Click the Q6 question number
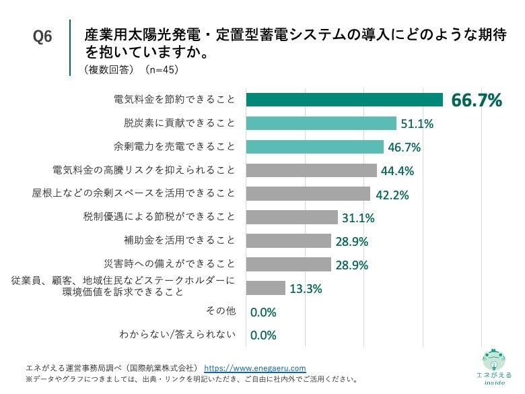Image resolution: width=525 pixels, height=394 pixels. (x=42, y=38)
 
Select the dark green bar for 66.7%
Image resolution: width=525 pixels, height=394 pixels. (x=344, y=100)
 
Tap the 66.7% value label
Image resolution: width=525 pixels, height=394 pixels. (x=477, y=101)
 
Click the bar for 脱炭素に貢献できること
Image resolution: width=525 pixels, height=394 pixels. (x=321, y=123)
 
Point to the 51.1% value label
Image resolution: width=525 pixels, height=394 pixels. (x=417, y=124)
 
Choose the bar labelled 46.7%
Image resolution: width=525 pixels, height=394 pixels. (x=314, y=147)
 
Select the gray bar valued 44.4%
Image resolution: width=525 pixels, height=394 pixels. (x=311, y=170)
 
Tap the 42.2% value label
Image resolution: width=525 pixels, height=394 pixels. (x=391, y=195)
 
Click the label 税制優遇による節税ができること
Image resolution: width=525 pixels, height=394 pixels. (x=159, y=216)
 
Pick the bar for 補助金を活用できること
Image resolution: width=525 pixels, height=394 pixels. (x=288, y=240)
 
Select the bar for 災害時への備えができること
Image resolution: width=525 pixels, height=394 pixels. (x=288, y=264)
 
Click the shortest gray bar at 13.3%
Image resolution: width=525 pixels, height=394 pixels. (x=265, y=288)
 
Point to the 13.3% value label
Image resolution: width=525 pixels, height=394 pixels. (x=306, y=289)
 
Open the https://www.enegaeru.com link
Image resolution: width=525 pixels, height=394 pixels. (x=255, y=368)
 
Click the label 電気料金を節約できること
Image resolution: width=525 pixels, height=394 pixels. (x=174, y=100)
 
